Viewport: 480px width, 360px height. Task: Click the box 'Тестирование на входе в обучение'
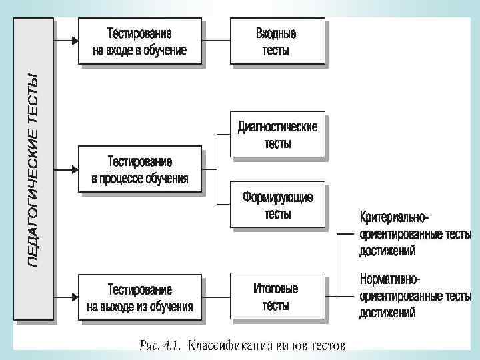point(139,41)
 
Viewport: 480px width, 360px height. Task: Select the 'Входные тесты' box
point(277,41)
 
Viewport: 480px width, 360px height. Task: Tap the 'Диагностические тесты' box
point(277,134)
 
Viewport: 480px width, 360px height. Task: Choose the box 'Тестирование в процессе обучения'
point(139,170)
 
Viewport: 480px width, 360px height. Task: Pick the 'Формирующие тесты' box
point(277,205)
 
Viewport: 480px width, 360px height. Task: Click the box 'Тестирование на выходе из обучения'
point(139,298)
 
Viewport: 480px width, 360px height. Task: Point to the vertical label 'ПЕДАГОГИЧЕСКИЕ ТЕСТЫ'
point(33,170)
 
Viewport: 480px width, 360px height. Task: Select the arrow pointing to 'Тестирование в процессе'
point(67,170)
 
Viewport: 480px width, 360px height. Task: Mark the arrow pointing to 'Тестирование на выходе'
point(67,298)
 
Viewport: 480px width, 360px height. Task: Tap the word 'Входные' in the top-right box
point(276,34)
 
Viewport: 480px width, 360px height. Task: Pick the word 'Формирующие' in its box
point(277,198)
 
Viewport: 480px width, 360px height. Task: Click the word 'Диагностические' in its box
point(278,126)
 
